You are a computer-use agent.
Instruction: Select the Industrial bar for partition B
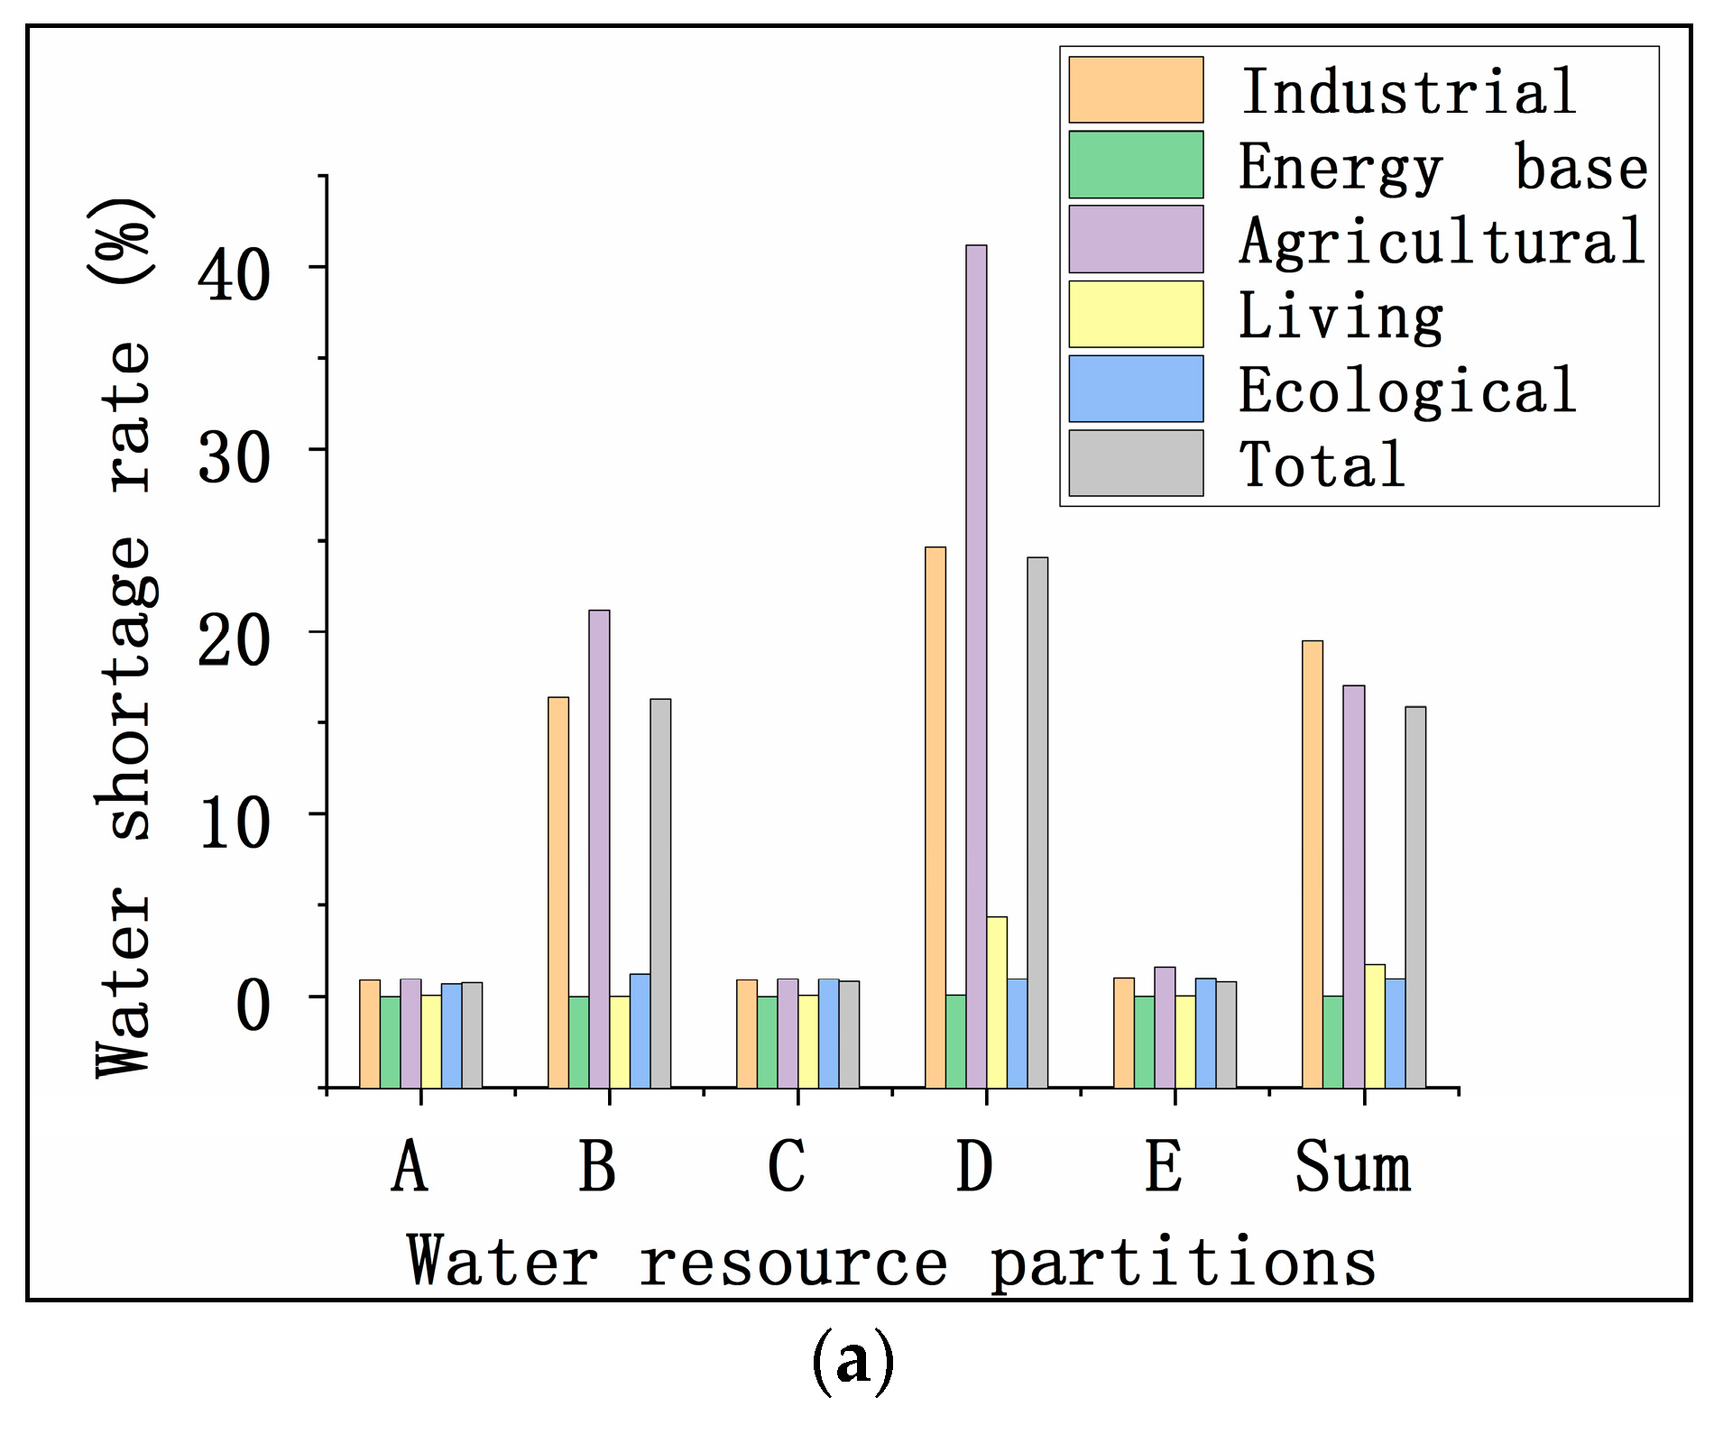pyautogui.click(x=558, y=893)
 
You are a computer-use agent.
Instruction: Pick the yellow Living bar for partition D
pyautogui.click(x=997, y=1002)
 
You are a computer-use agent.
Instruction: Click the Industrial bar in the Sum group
pyautogui.click(x=1313, y=864)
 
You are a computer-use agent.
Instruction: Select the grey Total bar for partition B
pyautogui.click(x=660, y=893)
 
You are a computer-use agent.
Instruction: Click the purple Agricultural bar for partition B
pyautogui.click(x=599, y=849)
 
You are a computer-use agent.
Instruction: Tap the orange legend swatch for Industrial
pyautogui.click(x=1136, y=90)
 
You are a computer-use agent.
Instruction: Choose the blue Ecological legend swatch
pyautogui.click(x=1136, y=389)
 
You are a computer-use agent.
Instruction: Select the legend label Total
pyautogui.click(x=1322, y=465)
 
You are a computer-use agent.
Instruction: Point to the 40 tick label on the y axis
pyautogui.click(x=234, y=275)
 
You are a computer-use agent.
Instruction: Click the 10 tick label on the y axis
pyautogui.click(x=234, y=823)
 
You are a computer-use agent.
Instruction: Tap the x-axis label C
pyautogui.click(x=787, y=1166)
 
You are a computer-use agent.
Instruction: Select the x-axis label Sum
pyautogui.click(x=1353, y=1166)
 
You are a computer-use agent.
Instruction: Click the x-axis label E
pyautogui.click(x=1164, y=1166)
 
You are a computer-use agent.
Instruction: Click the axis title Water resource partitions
pyautogui.click(x=891, y=1261)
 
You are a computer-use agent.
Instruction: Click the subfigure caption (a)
pyautogui.click(x=853, y=1361)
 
